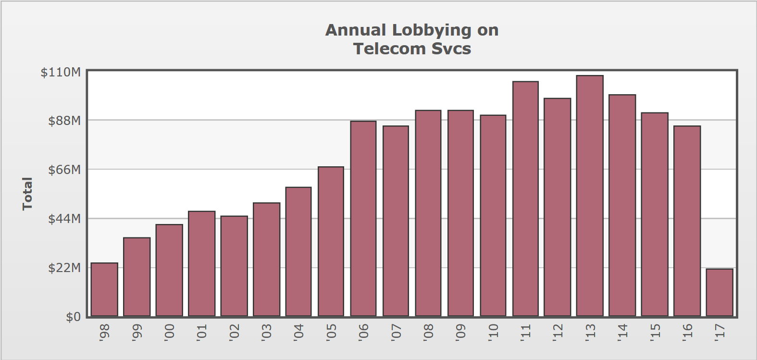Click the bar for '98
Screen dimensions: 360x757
(x=104, y=289)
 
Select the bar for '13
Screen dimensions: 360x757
(x=590, y=196)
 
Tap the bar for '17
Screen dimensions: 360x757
(x=720, y=292)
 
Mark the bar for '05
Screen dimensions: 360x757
(x=331, y=241)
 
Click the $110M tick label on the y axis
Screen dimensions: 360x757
(x=61, y=73)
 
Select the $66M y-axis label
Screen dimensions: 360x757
(x=64, y=170)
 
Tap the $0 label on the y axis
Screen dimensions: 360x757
(x=73, y=317)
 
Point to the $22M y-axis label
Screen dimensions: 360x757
(x=64, y=268)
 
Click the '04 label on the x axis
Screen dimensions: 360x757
(x=298, y=332)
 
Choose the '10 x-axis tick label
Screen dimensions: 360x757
(x=493, y=332)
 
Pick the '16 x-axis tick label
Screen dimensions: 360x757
(x=687, y=332)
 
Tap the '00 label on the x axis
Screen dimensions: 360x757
(x=169, y=332)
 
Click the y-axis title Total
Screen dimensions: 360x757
(x=27, y=194)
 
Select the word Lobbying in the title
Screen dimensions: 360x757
(x=432, y=30)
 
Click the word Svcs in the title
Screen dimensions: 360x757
(x=451, y=49)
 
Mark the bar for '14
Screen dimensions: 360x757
(x=622, y=205)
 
